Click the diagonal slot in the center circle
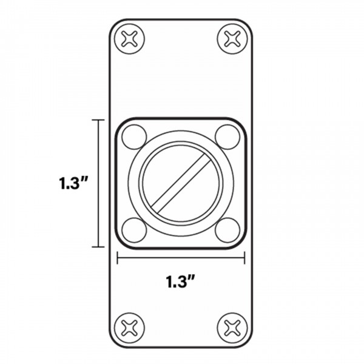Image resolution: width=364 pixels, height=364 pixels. pos(181,183)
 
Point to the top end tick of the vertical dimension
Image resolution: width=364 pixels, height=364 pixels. pos(97,120)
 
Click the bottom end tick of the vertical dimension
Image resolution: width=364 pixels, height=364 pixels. pos(97,247)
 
